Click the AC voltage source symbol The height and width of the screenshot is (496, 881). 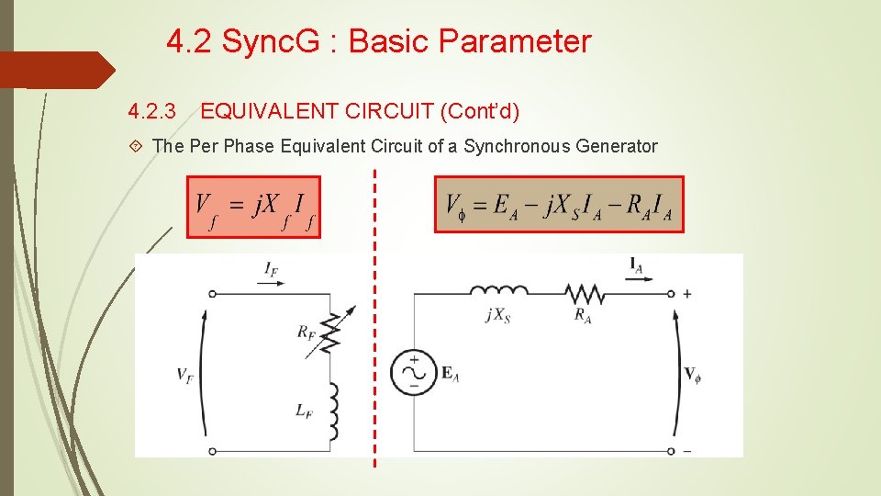click(414, 373)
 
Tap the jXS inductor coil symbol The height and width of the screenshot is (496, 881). click(498, 292)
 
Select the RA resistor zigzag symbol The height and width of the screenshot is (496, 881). click(584, 293)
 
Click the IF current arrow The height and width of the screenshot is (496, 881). click(272, 284)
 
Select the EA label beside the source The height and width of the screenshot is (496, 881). click(451, 373)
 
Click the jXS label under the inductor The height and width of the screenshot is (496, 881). click(498, 315)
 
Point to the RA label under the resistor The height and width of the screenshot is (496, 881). click(582, 315)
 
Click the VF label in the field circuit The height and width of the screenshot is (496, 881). click(185, 374)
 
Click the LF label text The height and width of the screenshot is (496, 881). click(304, 411)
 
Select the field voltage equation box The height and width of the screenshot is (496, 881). click(254, 207)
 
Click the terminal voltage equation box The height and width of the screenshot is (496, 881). click(559, 204)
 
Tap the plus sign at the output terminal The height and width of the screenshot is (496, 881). click(687, 293)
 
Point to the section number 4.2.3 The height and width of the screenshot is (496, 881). click(152, 112)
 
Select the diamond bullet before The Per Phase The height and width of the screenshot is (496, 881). click(136, 146)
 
